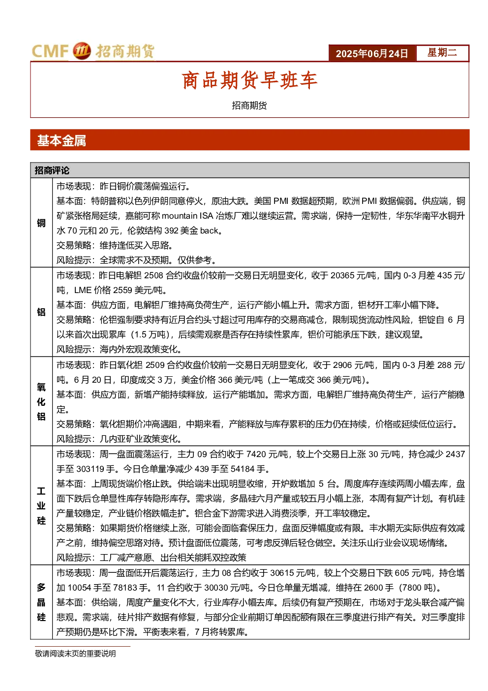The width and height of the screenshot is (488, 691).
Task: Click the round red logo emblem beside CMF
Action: pyautogui.click(x=82, y=51)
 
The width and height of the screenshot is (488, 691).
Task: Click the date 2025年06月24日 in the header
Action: pyautogui.click(x=371, y=54)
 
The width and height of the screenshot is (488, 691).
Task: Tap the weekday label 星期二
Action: pyautogui.click(x=442, y=52)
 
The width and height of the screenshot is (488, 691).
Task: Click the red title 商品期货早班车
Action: pyautogui.click(x=249, y=80)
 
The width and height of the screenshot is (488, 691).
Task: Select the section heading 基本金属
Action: pyautogui.click(x=61, y=141)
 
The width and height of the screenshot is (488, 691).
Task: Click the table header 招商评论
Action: pyautogui.click(x=52, y=170)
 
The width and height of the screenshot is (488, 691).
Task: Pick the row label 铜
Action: pyautogui.click(x=41, y=223)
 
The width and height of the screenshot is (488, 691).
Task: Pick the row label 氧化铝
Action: pyautogui.click(x=41, y=401)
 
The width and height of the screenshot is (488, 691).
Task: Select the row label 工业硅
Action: pyautogui.click(x=41, y=506)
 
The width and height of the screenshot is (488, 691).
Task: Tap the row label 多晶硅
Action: pyautogui.click(x=41, y=602)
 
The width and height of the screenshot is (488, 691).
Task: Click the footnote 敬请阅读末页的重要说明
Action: pyautogui.click(x=75, y=654)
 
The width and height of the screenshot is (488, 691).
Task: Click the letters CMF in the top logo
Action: pyautogui.click(x=50, y=51)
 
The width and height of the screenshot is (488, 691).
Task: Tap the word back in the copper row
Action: pyautogui.click(x=209, y=231)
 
